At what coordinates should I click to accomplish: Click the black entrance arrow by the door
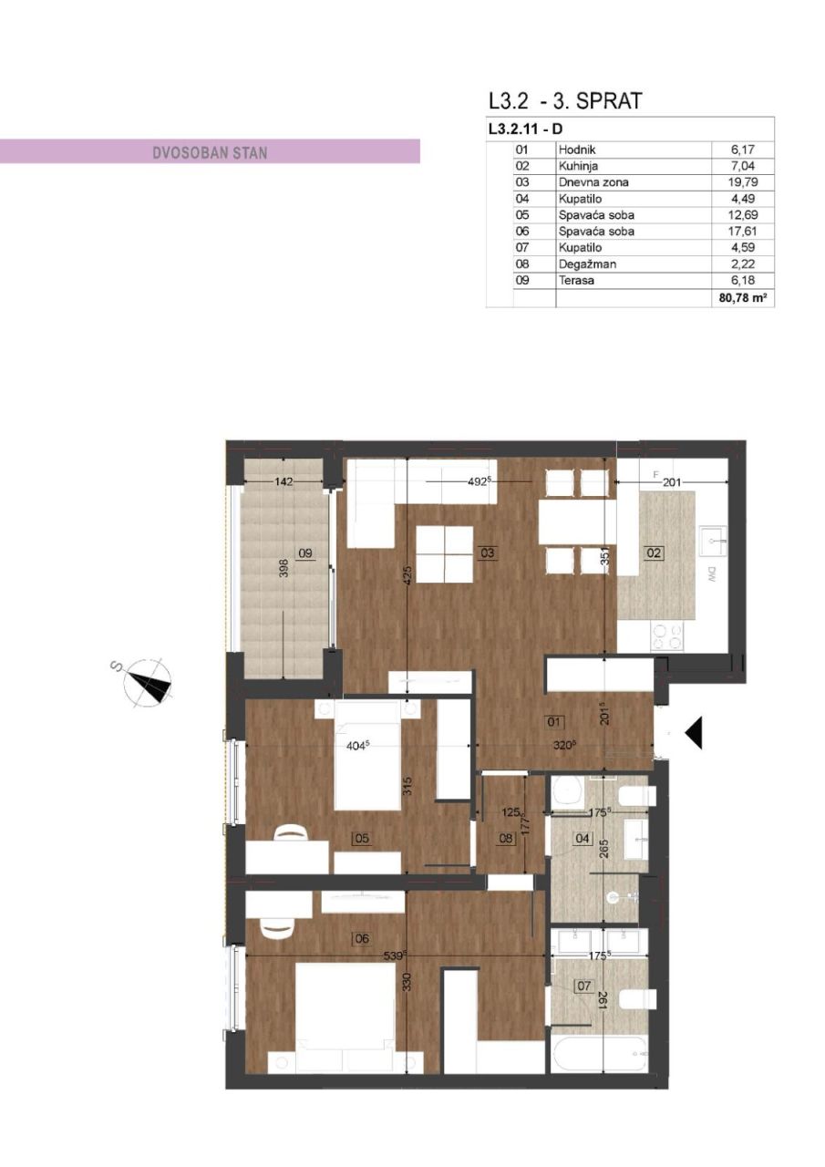point(694,732)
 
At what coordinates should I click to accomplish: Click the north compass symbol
point(149,683)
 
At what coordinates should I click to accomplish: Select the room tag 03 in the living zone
point(488,553)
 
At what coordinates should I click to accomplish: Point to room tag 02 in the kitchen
point(654,553)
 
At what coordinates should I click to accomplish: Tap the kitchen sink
point(713,541)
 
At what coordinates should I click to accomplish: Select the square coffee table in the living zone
point(444,554)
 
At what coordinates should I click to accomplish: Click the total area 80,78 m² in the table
point(743,297)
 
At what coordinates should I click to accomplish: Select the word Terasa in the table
point(576,281)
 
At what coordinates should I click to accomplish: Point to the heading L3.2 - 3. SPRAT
point(565,101)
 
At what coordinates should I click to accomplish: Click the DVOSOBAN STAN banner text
point(210,152)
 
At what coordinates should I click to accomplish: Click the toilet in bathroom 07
point(638,999)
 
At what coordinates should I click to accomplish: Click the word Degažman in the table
point(583,264)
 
